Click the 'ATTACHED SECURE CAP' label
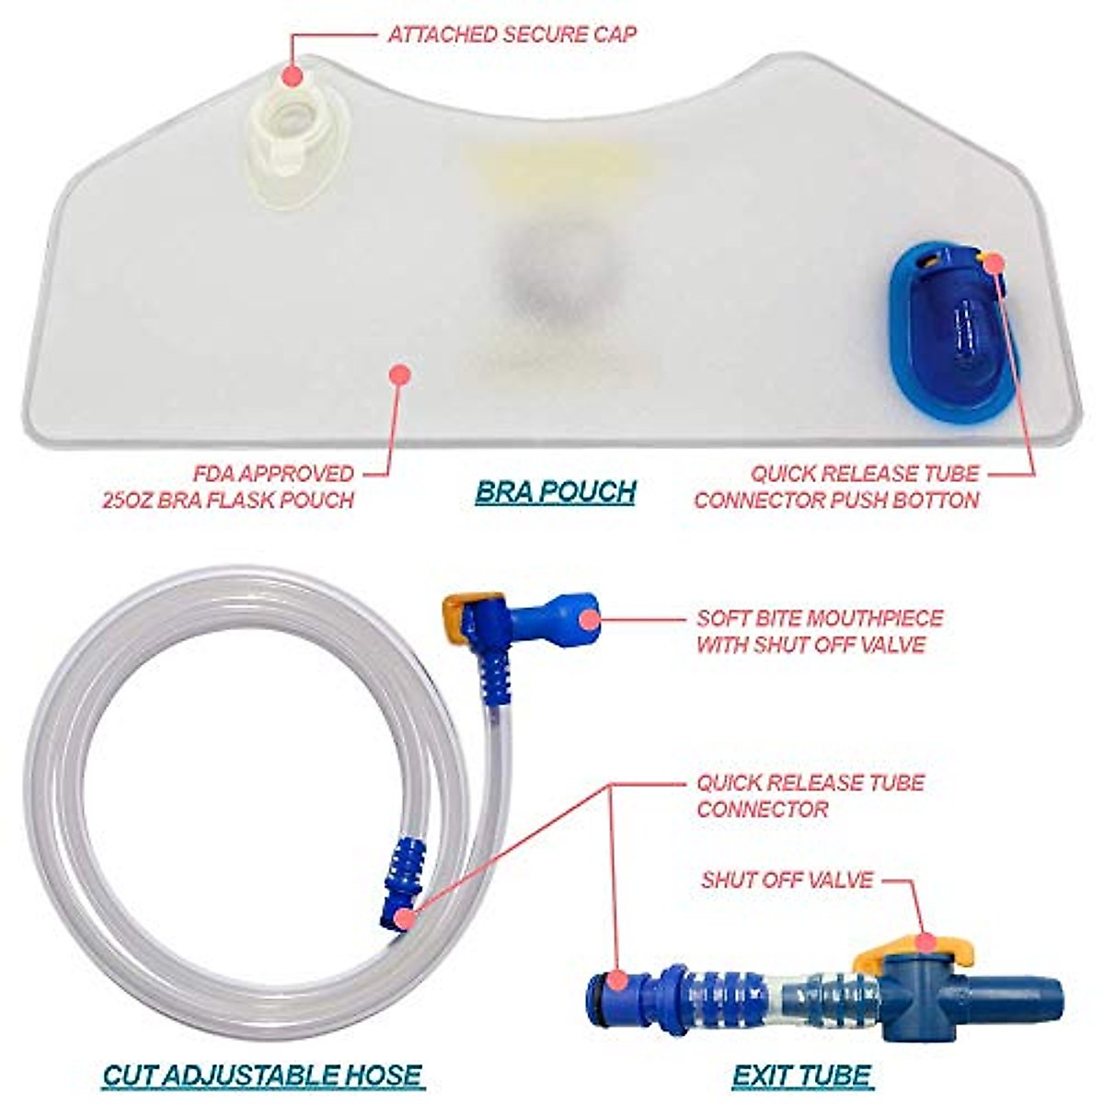pos(512,35)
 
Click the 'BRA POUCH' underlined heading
pos(556,491)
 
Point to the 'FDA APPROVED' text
pos(273,474)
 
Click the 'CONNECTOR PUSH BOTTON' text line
pos(836,500)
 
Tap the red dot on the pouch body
pos(398,374)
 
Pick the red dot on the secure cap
pos(293,75)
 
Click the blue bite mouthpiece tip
pos(580,613)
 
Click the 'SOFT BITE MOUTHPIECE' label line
pos(820,617)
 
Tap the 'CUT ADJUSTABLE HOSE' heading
pos(262,1074)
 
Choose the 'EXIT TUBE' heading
pos(802,1074)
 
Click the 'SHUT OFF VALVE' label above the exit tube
pos(787,880)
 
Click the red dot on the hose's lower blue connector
pos(401,916)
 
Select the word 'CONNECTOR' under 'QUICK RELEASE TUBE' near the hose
pos(762,810)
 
